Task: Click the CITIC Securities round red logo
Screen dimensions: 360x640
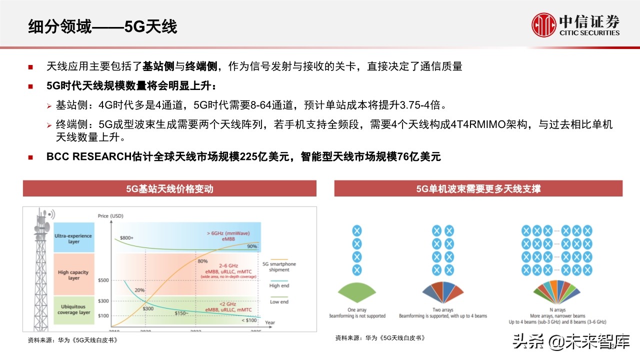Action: click(543, 24)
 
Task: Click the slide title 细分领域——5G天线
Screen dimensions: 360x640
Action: click(102, 26)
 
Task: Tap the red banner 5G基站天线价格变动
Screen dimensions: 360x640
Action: click(169, 189)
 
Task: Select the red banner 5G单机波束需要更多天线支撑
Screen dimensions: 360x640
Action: click(478, 189)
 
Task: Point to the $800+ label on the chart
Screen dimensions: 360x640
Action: click(126, 237)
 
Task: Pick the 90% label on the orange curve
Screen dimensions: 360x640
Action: click(252, 246)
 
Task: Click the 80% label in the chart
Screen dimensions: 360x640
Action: click(202, 261)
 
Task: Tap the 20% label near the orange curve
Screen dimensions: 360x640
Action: click(139, 290)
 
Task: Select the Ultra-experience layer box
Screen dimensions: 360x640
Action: click(74, 238)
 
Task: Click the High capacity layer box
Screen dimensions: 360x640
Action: click(73, 275)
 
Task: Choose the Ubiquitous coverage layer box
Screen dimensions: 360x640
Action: click(73, 309)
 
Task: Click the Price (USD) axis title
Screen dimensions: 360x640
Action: click(110, 216)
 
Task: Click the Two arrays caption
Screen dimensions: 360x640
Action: click(442, 309)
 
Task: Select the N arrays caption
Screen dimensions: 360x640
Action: click(556, 309)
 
